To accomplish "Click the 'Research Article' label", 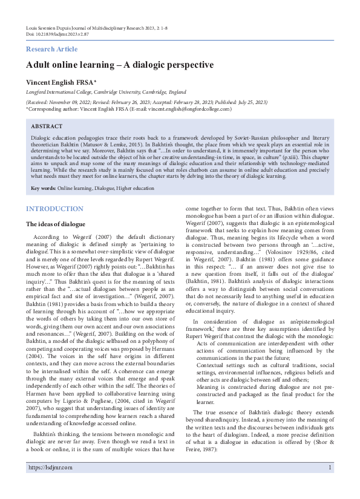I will pyautogui.click(x=52, y=49).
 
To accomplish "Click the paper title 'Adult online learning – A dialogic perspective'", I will pyautogui.click(x=120, y=65).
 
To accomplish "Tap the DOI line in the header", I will pyautogui.click(x=57, y=34).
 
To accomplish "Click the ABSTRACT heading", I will pyautogui.click(x=47, y=126).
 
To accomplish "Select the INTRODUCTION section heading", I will pyautogui.click(x=54, y=209).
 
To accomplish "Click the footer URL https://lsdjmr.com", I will pyautogui.click(x=50, y=484).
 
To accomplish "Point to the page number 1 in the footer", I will pyautogui.click(x=330, y=484).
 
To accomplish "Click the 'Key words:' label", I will pyautogui.click(x=44, y=189).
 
